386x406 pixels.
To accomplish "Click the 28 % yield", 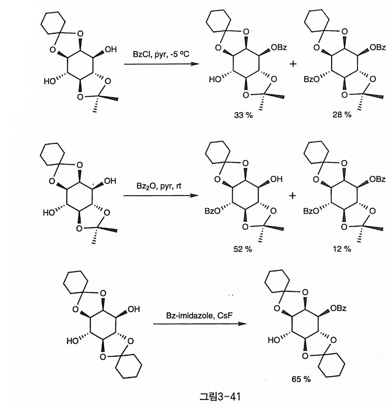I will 342,116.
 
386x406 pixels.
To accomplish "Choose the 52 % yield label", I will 243,249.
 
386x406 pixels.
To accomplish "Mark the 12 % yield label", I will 342,249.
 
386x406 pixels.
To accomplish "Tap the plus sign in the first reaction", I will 293,64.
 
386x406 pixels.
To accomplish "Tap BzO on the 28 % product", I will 311,79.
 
